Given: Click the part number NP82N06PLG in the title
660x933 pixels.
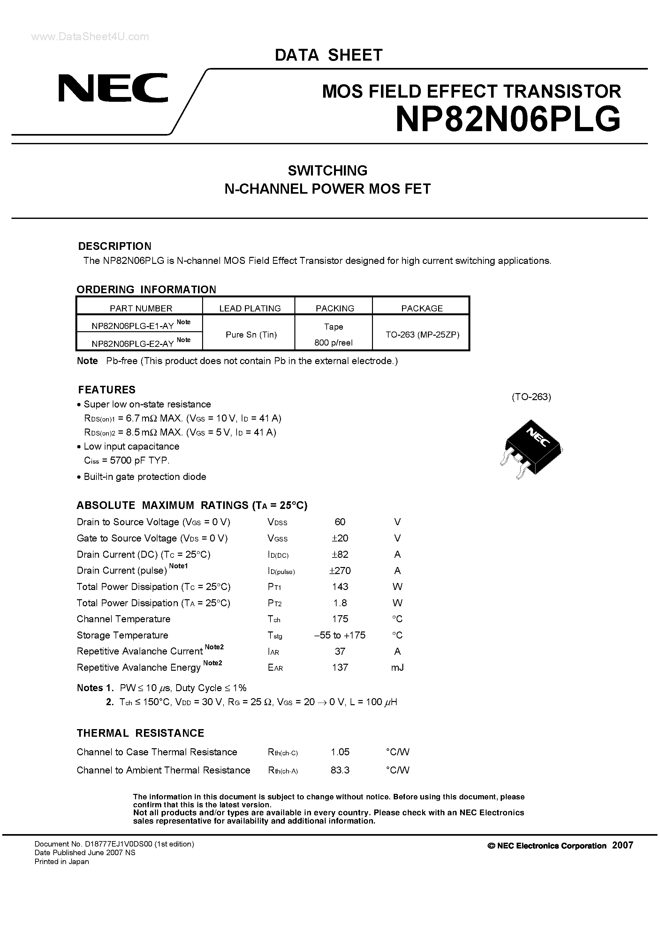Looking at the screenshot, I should click(x=508, y=119).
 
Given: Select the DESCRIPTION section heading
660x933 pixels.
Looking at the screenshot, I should click(x=115, y=246).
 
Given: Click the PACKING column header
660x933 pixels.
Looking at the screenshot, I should click(x=335, y=308).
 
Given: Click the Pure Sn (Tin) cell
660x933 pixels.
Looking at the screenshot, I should click(x=251, y=334).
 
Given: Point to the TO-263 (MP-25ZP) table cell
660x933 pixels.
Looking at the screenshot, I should click(x=422, y=334).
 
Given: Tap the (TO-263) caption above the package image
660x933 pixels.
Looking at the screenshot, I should click(x=531, y=397).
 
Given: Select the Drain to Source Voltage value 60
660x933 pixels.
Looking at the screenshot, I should click(x=340, y=522).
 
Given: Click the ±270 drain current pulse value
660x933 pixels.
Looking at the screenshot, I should click(x=340, y=571).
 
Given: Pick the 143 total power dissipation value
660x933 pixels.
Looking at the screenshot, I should click(x=340, y=587).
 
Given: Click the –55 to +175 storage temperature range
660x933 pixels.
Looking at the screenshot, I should click(x=340, y=635).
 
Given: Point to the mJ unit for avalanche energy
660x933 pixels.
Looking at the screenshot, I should click(x=397, y=668).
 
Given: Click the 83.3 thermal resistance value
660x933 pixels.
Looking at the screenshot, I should click(x=340, y=770).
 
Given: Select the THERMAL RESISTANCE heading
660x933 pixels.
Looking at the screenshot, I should click(x=140, y=733).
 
